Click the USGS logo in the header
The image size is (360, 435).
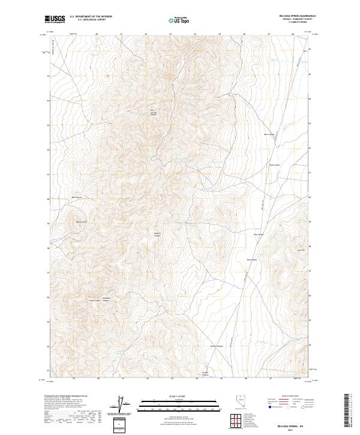(x=55, y=19)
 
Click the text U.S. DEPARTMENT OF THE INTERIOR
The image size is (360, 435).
(x=91, y=17)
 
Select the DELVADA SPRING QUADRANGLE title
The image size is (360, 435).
(x=289, y=17)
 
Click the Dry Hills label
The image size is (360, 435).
(x=302, y=250)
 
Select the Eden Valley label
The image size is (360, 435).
(x=253, y=260)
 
